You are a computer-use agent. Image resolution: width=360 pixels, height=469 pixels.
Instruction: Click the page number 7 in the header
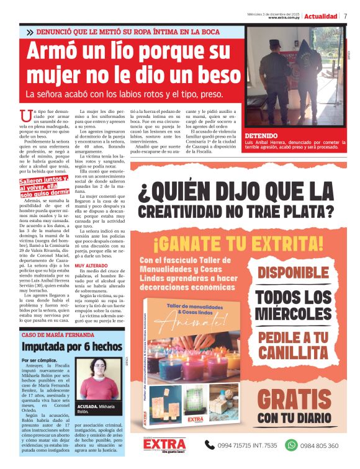click(346, 16)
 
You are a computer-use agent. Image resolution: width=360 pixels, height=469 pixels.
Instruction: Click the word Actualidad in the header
click(321, 16)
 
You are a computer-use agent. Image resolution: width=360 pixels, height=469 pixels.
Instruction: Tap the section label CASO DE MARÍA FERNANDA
click(58, 335)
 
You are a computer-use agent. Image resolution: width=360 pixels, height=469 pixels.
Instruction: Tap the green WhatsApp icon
click(291, 445)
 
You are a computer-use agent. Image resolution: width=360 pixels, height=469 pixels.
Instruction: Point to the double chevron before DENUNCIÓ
click(30, 32)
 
